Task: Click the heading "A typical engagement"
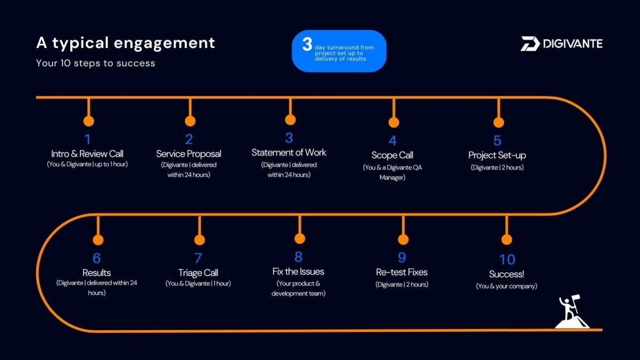coord(125,43)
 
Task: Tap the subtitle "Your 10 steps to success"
coord(95,63)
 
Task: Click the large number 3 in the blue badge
coord(307,44)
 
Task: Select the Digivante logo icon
coord(530,44)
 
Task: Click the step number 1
coord(87,139)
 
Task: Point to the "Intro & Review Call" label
coord(87,154)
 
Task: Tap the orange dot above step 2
coord(190,121)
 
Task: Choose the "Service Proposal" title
coord(189,154)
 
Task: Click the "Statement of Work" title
coord(289,153)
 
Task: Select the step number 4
coord(393,141)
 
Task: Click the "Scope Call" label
coord(392,155)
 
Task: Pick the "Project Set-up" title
coord(497,155)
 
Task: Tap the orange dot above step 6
coord(98,240)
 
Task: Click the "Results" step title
coord(97,273)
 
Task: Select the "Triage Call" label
coord(198,273)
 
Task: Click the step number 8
coord(298,257)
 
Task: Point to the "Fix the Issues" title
coord(298,271)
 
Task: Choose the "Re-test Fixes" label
coord(402,272)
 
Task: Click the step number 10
coord(507,259)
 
